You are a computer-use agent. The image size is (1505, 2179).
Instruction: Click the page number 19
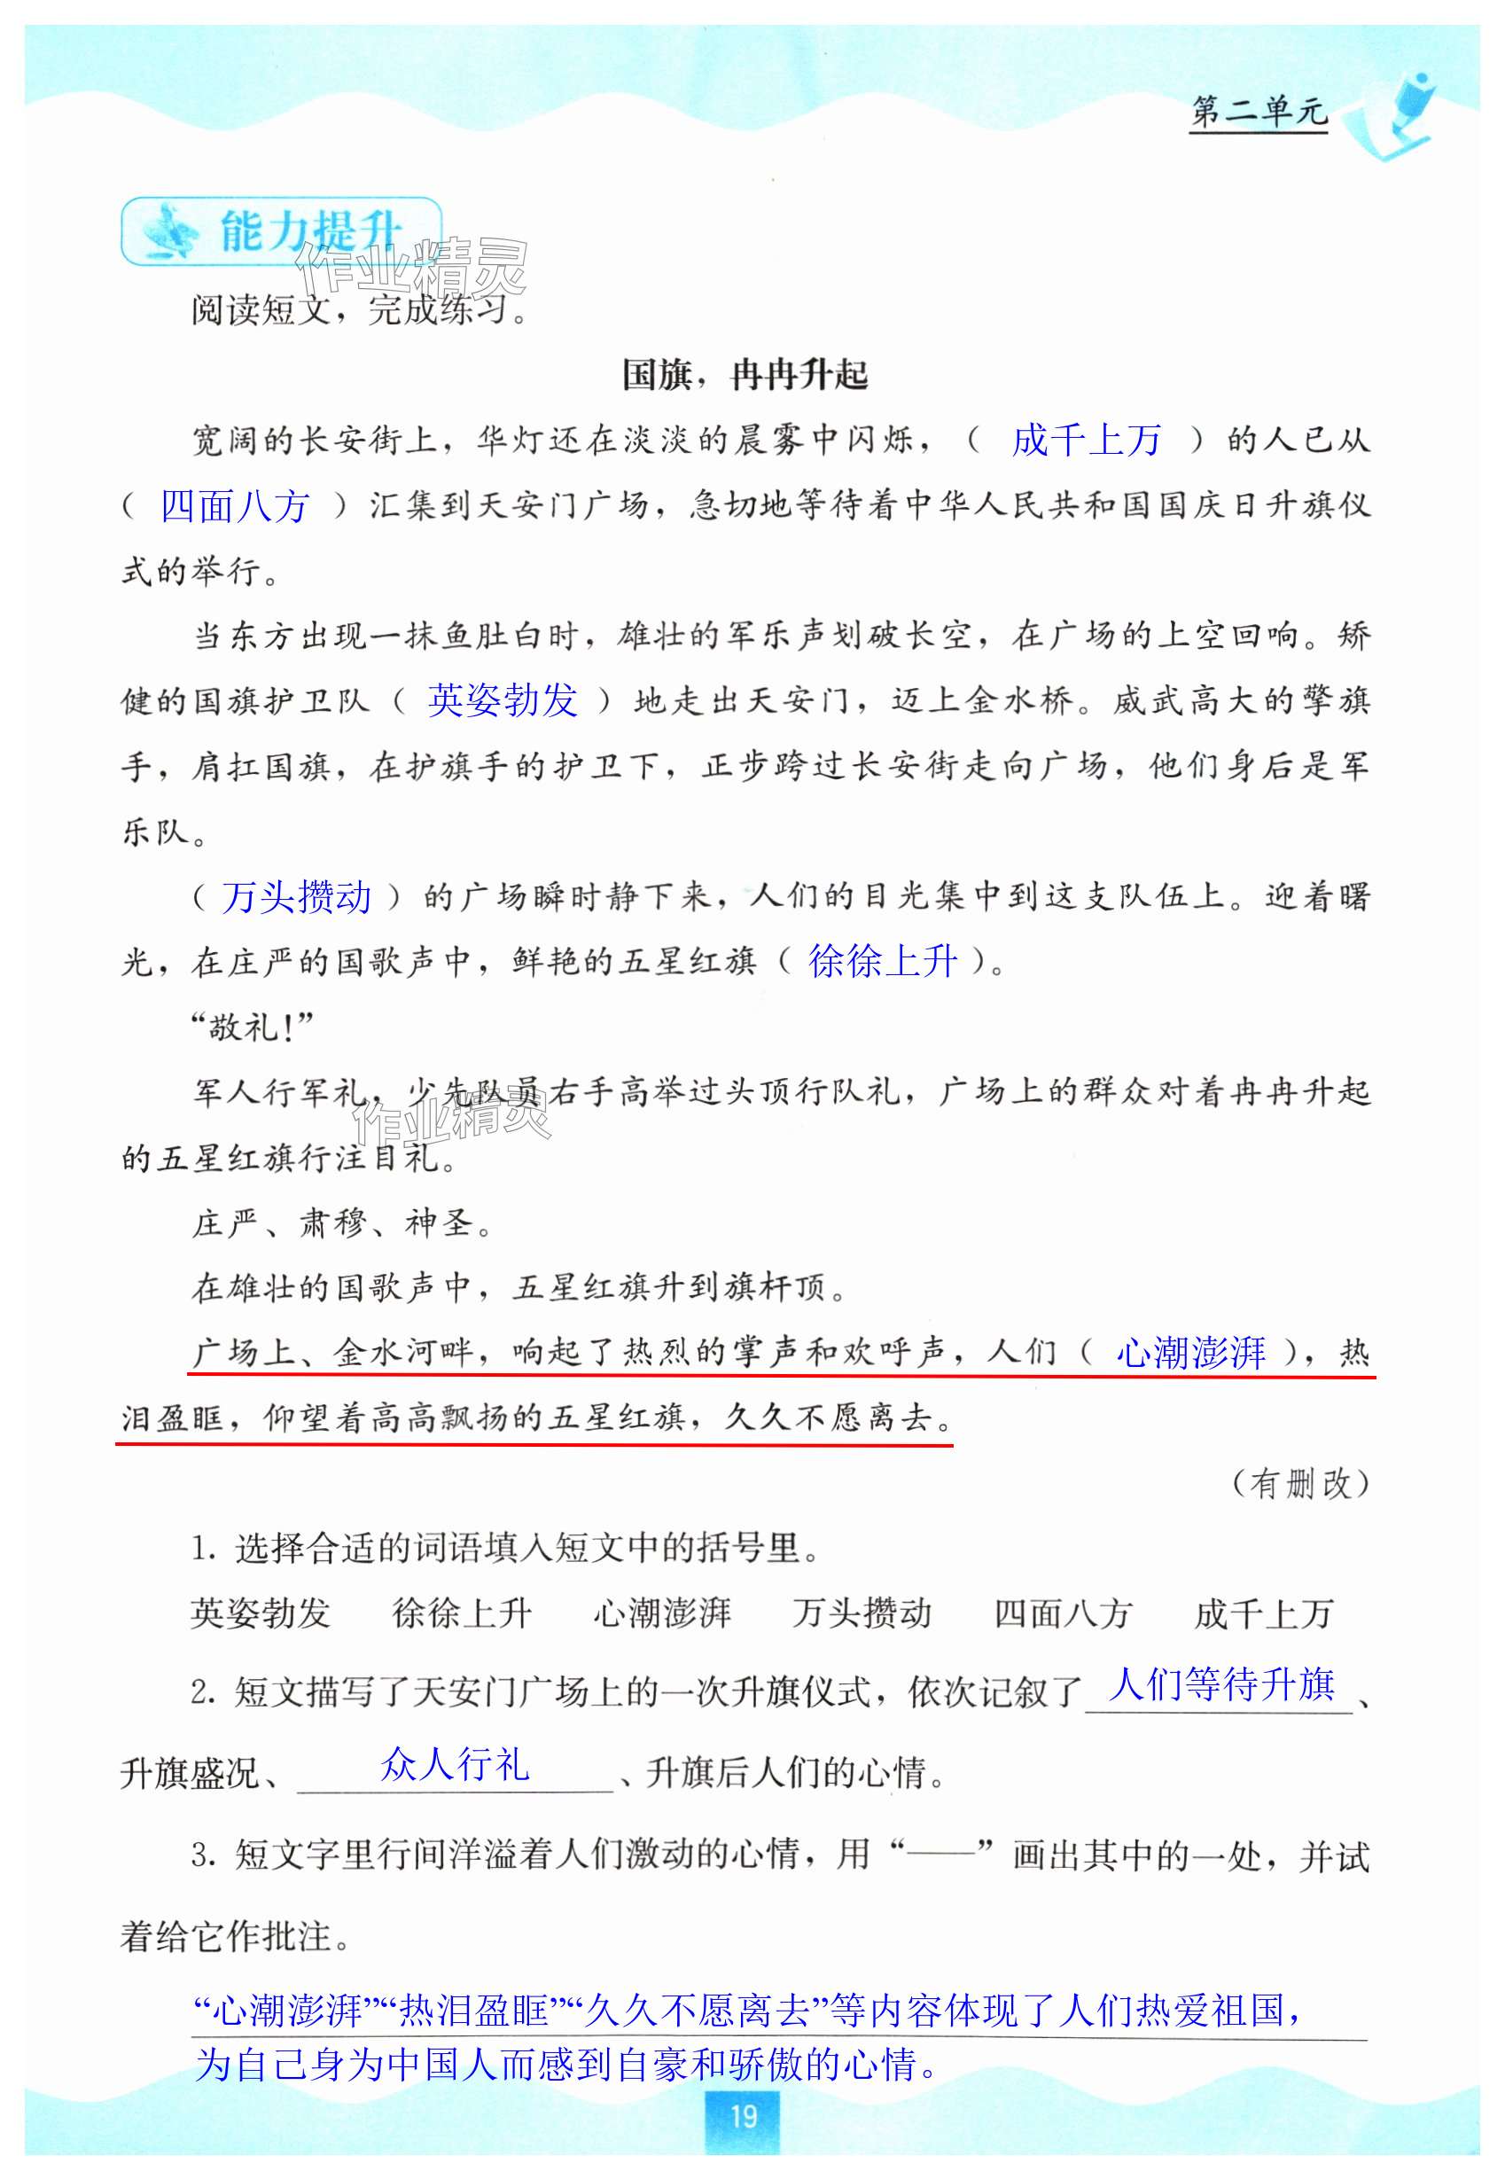(x=743, y=2116)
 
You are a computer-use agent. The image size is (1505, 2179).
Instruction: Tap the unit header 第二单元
(x=1258, y=112)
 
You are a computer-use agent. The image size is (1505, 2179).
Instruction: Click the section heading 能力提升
(x=311, y=231)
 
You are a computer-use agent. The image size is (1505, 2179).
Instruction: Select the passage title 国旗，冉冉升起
(x=745, y=375)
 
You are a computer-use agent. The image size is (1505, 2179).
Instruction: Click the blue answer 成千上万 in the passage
(x=1086, y=441)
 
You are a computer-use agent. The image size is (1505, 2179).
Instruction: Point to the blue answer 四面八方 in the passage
(x=235, y=506)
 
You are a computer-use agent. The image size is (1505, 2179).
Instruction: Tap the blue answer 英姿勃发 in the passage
(x=503, y=700)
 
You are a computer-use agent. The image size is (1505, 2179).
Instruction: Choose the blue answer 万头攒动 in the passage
(x=296, y=896)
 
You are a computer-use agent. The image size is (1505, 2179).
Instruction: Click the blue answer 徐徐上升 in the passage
(x=883, y=962)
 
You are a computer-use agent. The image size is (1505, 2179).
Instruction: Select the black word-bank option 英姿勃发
(x=261, y=1613)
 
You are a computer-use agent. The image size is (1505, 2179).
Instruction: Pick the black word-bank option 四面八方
(x=1063, y=1613)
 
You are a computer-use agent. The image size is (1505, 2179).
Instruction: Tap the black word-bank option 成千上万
(x=1264, y=1613)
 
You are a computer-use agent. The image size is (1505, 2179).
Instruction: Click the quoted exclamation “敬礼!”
(x=252, y=1027)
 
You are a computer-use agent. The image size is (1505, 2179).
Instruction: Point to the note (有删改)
(x=1300, y=1484)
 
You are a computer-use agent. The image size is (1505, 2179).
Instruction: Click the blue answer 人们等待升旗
(x=1222, y=1685)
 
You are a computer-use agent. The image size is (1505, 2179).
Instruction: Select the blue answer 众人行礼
(x=455, y=1764)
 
